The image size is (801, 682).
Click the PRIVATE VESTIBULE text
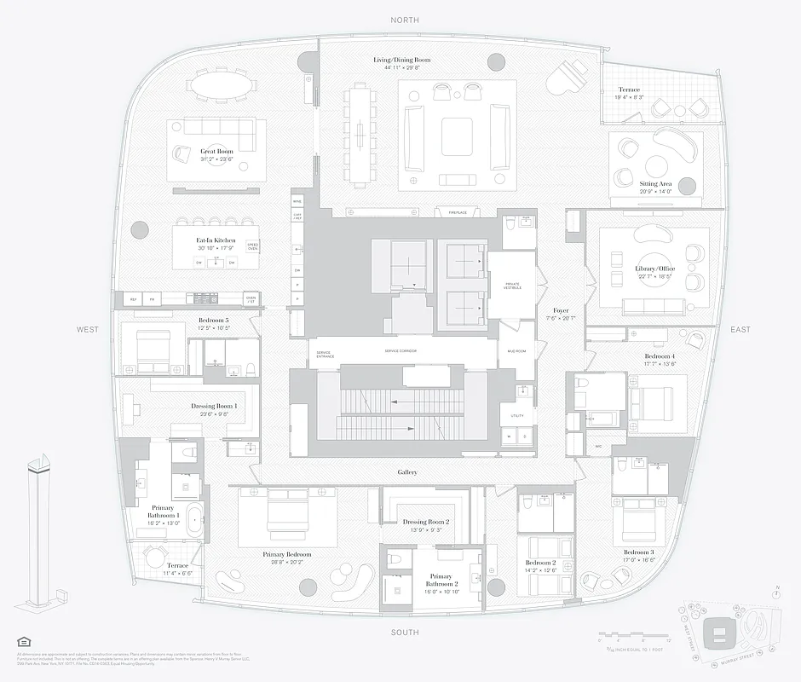click(x=512, y=286)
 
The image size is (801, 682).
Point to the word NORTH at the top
click(x=405, y=20)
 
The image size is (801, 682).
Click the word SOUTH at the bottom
click(x=405, y=632)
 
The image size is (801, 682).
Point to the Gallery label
click(x=407, y=471)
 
